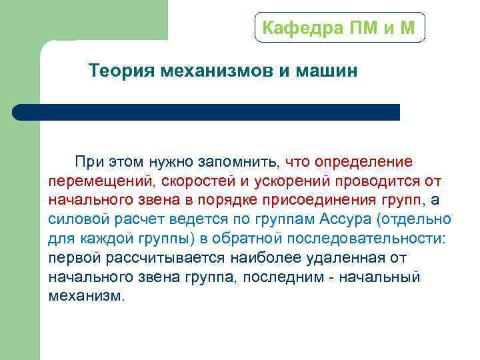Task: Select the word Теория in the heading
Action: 121,71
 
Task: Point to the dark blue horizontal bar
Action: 207,111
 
